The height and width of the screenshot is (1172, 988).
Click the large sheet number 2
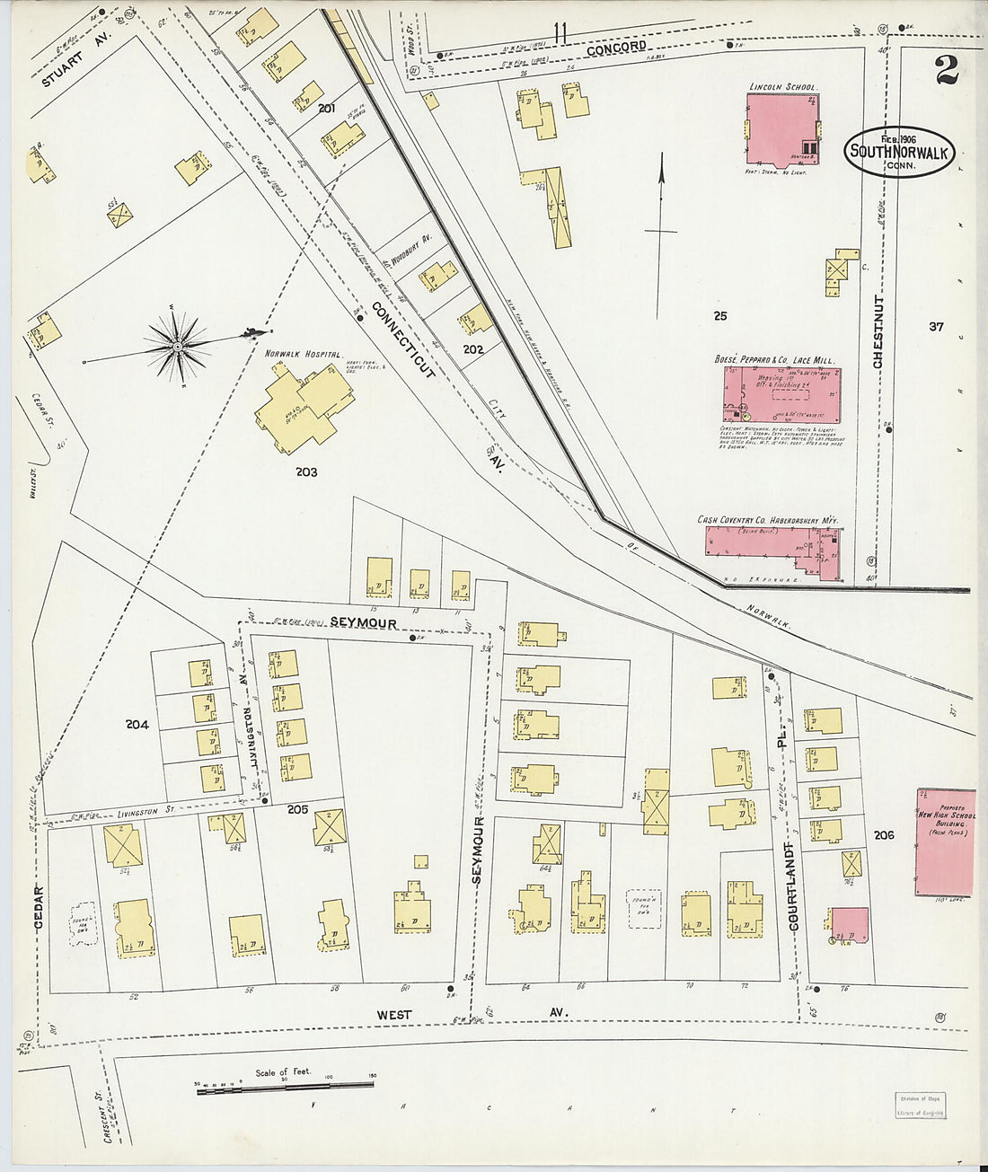(946, 70)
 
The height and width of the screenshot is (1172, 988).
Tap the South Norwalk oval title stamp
(898, 151)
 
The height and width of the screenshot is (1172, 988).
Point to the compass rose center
(178, 346)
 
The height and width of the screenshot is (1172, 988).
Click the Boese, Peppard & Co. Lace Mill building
(781, 394)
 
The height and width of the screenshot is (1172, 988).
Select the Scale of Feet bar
(284, 1088)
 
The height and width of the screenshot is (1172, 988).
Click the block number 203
(305, 471)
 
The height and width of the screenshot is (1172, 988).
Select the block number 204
(137, 725)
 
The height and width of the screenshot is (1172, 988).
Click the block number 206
(883, 835)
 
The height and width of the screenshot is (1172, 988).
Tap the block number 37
(936, 327)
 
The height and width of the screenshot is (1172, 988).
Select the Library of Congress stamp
(920, 1104)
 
